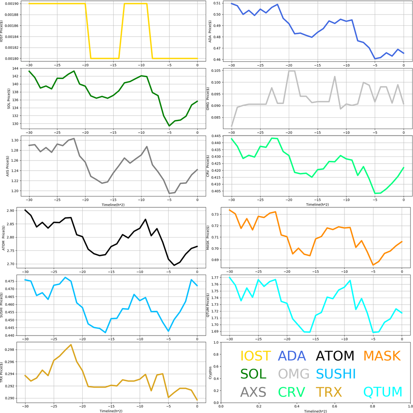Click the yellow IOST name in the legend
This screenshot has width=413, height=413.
coord(255,356)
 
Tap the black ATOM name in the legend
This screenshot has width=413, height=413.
coord(335,356)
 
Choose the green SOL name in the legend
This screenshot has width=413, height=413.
coord(253,374)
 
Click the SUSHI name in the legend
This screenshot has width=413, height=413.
coord(336,374)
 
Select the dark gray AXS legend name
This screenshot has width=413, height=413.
coord(253,392)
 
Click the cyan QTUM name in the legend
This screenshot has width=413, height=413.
coord(382,392)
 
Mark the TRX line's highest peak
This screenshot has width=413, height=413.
coord(71,345)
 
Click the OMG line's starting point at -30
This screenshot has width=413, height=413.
coord(232,126)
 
